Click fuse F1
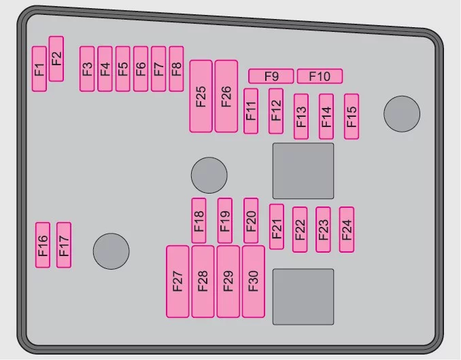pyautogui.click(x=39, y=69)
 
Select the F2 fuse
pyautogui.click(x=56, y=58)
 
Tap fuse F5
pyautogui.click(x=123, y=69)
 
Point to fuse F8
pyautogui.click(x=176, y=69)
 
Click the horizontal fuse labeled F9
pyautogui.click(x=271, y=76)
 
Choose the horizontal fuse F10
pyautogui.click(x=320, y=76)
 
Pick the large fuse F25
pyautogui.click(x=201, y=96)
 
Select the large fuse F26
pyautogui.click(x=226, y=96)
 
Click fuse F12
pyautogui.click(x=276, y=111)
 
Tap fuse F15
pyautogui.click(x=352, y=117)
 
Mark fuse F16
pyautogui.click(x=43, y=245)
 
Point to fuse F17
pyautogui.click(x=64, y=245)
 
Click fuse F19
pyautogui.click(x=225, y=221)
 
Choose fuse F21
pyautogui.click(x=277, y=227)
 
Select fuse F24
pyautogui.click(x=347, y=230)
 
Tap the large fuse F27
pyautogui.click(x=177, y=282)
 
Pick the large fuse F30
pyautogui.click(x=254, y=282)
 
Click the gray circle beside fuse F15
pyautogui.click(x=402, y=114)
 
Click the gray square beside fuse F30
pyautogui.click(x=303, y=297)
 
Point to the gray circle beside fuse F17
pyautogui.click(x=111, y=251)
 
